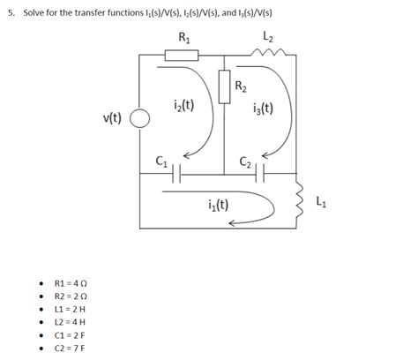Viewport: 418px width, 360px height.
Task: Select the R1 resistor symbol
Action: click(x=183, y=56)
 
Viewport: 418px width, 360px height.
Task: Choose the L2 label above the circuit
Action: click(x=268, y=37)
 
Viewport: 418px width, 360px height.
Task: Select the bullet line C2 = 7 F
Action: click(x=71, y=348)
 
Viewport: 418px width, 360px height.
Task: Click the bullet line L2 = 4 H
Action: click(x=71, y=322)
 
